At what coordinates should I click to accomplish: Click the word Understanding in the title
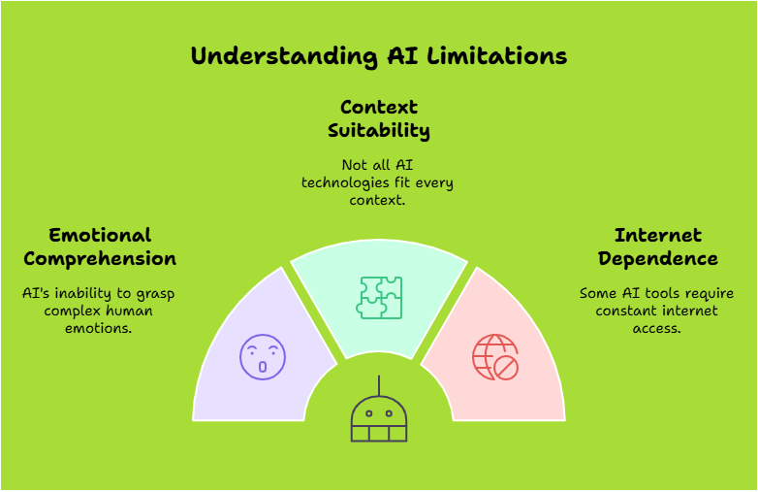point(285,56)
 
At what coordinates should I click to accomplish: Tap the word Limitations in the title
point(497,55)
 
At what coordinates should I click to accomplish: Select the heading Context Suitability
point(379,119)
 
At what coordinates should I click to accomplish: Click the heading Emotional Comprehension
point(100,247)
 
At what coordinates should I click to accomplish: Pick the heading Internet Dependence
point(658,247)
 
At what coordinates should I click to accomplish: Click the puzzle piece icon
point(379,298)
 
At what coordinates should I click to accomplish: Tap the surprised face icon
point(263,357)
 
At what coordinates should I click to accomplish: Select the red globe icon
point(495,357)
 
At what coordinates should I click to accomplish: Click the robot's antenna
point(379,385)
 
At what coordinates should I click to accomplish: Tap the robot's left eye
point(369,413)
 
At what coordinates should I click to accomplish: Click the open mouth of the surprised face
point(263,367)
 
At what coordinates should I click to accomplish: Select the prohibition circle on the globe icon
point(506,368)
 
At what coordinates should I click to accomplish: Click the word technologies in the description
point(343,182)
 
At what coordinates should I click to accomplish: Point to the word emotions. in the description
point(99,328)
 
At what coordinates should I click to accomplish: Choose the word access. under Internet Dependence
point(656,328)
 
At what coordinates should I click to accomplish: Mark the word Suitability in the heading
point(379,131)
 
